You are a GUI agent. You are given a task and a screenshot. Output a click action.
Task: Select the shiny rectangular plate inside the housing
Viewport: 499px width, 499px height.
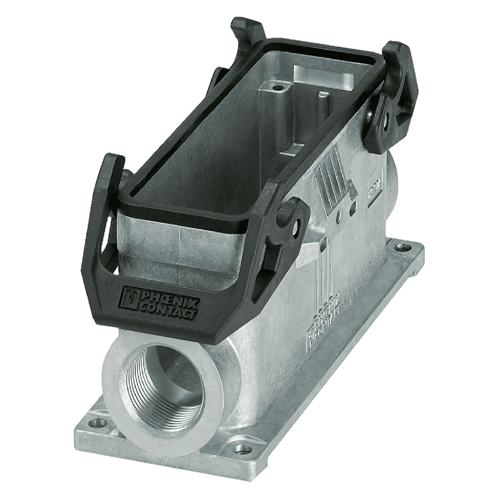pos(324,76)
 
